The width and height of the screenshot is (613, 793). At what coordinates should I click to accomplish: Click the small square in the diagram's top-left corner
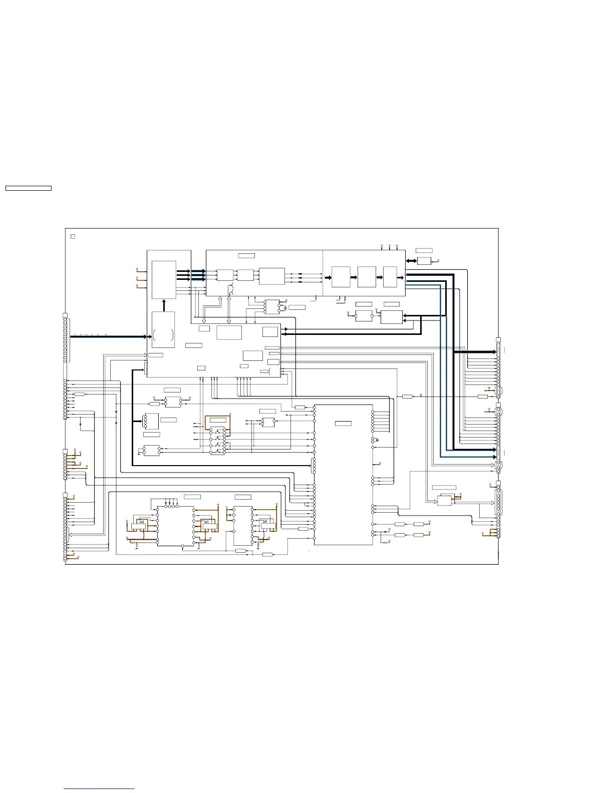tap(73, 236)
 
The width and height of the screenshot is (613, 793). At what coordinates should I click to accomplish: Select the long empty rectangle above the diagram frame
tap(29, 188)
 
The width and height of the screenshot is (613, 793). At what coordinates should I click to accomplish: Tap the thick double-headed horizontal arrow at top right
tap(411, 261)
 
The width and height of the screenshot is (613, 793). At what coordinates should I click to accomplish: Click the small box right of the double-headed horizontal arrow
tap(424, 261)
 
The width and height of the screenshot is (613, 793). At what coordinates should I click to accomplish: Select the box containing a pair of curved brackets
tap(163, 330)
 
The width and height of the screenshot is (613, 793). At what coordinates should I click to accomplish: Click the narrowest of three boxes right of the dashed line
tap(390, 277)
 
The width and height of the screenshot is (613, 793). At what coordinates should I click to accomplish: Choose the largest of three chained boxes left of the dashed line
tap(272, 276)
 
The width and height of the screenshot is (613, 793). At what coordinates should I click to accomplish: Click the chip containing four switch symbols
tap(217, 441)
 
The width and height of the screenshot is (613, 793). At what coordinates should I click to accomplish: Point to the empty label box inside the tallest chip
tap(343, 424)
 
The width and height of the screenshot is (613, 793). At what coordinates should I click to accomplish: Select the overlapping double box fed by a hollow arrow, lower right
tap(445, 500)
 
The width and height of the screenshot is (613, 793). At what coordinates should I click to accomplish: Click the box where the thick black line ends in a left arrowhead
tap(391, 317)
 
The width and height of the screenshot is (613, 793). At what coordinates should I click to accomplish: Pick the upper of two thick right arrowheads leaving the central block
tap(285, 329)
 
